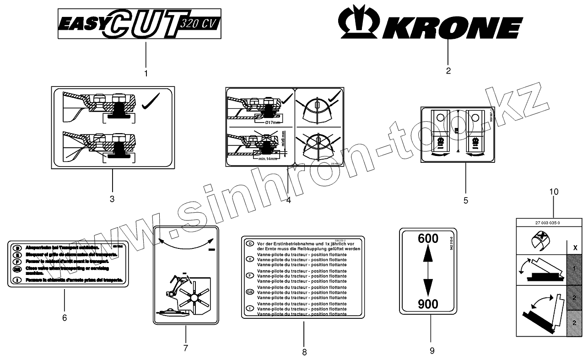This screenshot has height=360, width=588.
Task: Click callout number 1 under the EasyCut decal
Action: click(146, 73)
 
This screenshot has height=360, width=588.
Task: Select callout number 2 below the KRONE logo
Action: click(448, 71)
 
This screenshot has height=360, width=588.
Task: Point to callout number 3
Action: click(112, 199)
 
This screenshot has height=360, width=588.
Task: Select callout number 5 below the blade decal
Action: click(466, 200)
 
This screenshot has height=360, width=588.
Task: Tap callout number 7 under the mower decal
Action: click(186, 348)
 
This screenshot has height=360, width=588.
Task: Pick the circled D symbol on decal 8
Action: click(250, 244)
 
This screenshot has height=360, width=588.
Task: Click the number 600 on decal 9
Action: click(428, 238)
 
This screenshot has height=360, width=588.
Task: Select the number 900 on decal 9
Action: click(428, 304)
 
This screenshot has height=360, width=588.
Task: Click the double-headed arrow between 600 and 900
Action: click(428, 271)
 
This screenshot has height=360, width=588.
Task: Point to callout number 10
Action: click(554, 192)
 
